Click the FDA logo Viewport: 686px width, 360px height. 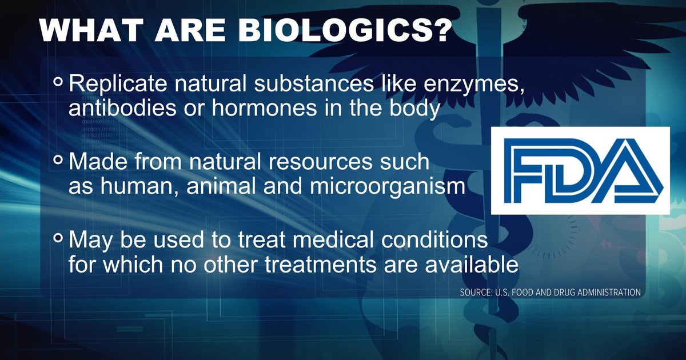pyautogui.click(x=580, y=170)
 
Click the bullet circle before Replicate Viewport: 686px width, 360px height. pyautogui.click(x=58, y=82)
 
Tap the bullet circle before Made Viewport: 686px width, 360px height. pyautogui.click(x=58, y=161)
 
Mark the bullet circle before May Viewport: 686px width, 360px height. pyautogui.click(x=58, y=239)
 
